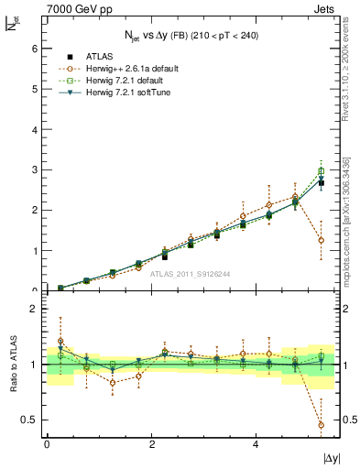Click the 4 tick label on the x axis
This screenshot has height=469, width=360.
tap(256, 444)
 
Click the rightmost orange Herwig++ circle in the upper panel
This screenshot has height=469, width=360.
tap(321, 241)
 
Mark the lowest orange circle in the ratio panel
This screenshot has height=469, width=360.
tap(321, 425)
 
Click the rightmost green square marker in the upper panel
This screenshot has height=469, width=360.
tap(321, 171)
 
